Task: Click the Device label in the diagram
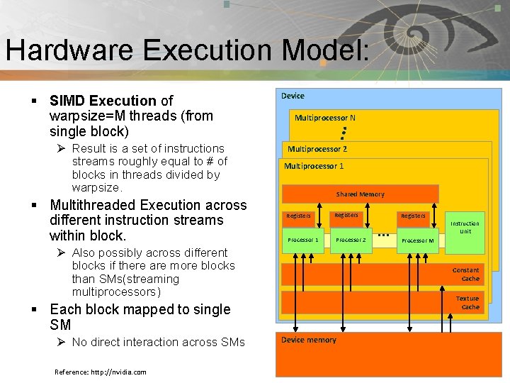[293, 96]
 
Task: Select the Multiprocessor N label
[325, 118]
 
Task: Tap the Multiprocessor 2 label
[317, 149]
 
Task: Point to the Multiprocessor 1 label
[314, 166]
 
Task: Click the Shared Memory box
[360, 194]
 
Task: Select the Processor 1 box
[303, 240]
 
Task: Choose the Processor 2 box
[351, 240]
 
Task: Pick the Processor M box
[417, 240]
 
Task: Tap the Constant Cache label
[465, 274]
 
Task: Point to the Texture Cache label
[467, 303]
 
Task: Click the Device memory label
[309, 340]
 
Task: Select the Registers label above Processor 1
[298, 216]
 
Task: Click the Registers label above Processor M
[413, 216]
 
